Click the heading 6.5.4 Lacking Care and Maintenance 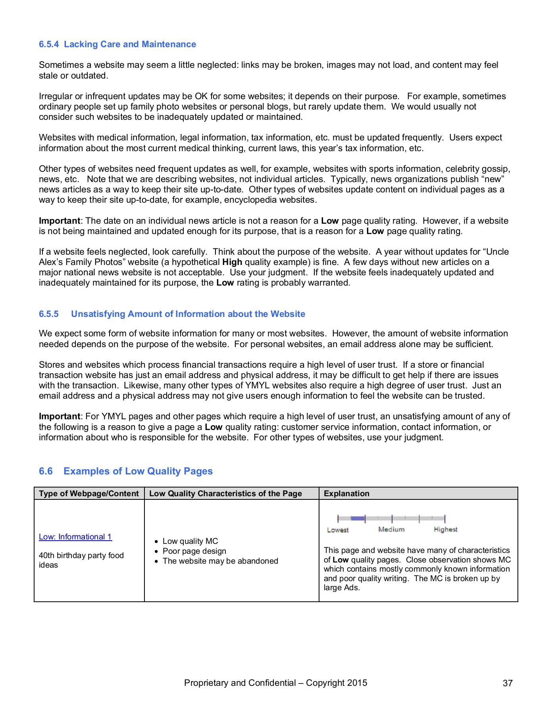tap(117, 44)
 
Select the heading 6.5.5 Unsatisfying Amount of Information tap(172, 314)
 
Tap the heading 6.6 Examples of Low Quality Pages tap(126, 471)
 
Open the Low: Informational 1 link tap(75, 537)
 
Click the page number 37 tap(508, 683)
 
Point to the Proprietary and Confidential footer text tap(275, 683)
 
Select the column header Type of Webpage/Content tap(89, 493)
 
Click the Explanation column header tap(346, 493)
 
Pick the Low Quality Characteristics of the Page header tap(225, 493)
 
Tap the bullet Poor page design tap(194, 551)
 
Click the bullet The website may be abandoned tap(220, 561)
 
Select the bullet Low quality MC tap(190, 541)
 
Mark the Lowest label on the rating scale tap(338, 530)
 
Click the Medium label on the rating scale tap(391, 530)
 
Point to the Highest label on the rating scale tap(445, 530)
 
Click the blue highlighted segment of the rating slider tap(357, 518)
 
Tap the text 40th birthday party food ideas tap(81, 560)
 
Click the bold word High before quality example tap(232, 262)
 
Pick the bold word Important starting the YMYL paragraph tap(60, 416)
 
